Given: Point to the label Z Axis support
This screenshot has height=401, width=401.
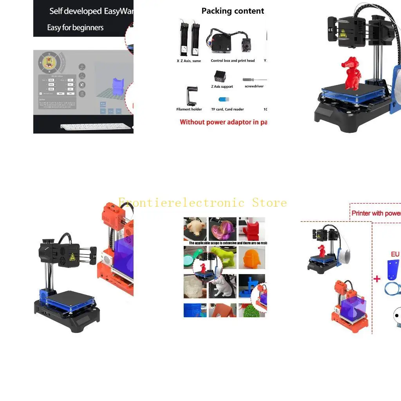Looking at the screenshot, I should [222, 87].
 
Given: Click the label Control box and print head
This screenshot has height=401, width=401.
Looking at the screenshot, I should [233, 61].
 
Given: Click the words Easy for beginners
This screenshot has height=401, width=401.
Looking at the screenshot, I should [75, 28].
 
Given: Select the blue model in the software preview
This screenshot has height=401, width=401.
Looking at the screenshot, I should [118, 87].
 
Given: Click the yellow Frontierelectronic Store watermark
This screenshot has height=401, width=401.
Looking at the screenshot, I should [202, 202].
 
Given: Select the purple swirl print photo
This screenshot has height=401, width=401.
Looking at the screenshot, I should [222, 229].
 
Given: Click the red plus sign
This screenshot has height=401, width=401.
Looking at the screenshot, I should [377, 279].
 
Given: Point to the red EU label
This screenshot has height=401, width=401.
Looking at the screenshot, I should [395, 255].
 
